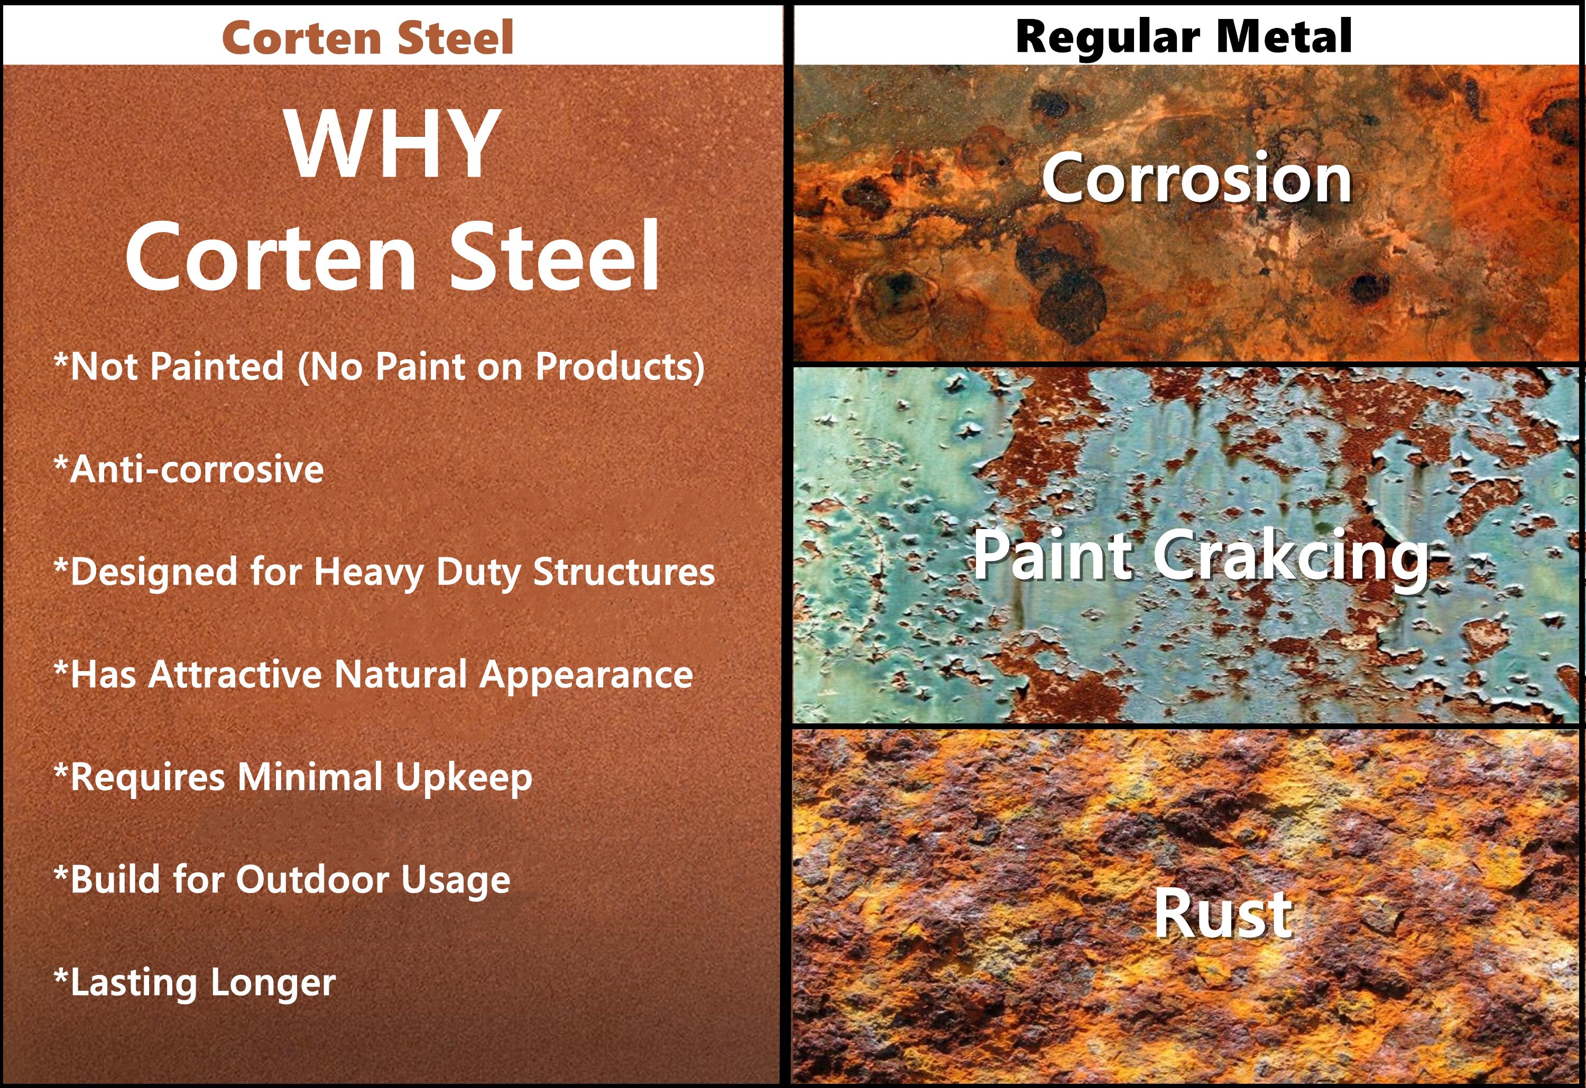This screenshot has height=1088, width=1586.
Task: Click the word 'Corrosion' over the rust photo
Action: pyautogui.click(x=1196, y=178)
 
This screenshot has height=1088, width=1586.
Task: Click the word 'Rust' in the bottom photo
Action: pyautogui.click(x=1223, y=914)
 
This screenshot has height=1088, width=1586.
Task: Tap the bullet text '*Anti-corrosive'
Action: pyautogui.click(x=188, y=469)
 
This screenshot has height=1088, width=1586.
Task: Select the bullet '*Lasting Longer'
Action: pyautogui.click(x=195, y=983)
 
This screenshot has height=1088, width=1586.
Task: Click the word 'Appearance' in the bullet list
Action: pyautogui.click(x=586, y=676)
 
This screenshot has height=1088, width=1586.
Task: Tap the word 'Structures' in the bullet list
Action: pyautogui.click(x=624, y=572)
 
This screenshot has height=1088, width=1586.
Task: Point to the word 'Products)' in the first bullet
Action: pyautogui.click(x=620, y=368)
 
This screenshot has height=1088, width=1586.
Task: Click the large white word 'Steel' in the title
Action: pyautogui.click(x=554, y=256)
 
